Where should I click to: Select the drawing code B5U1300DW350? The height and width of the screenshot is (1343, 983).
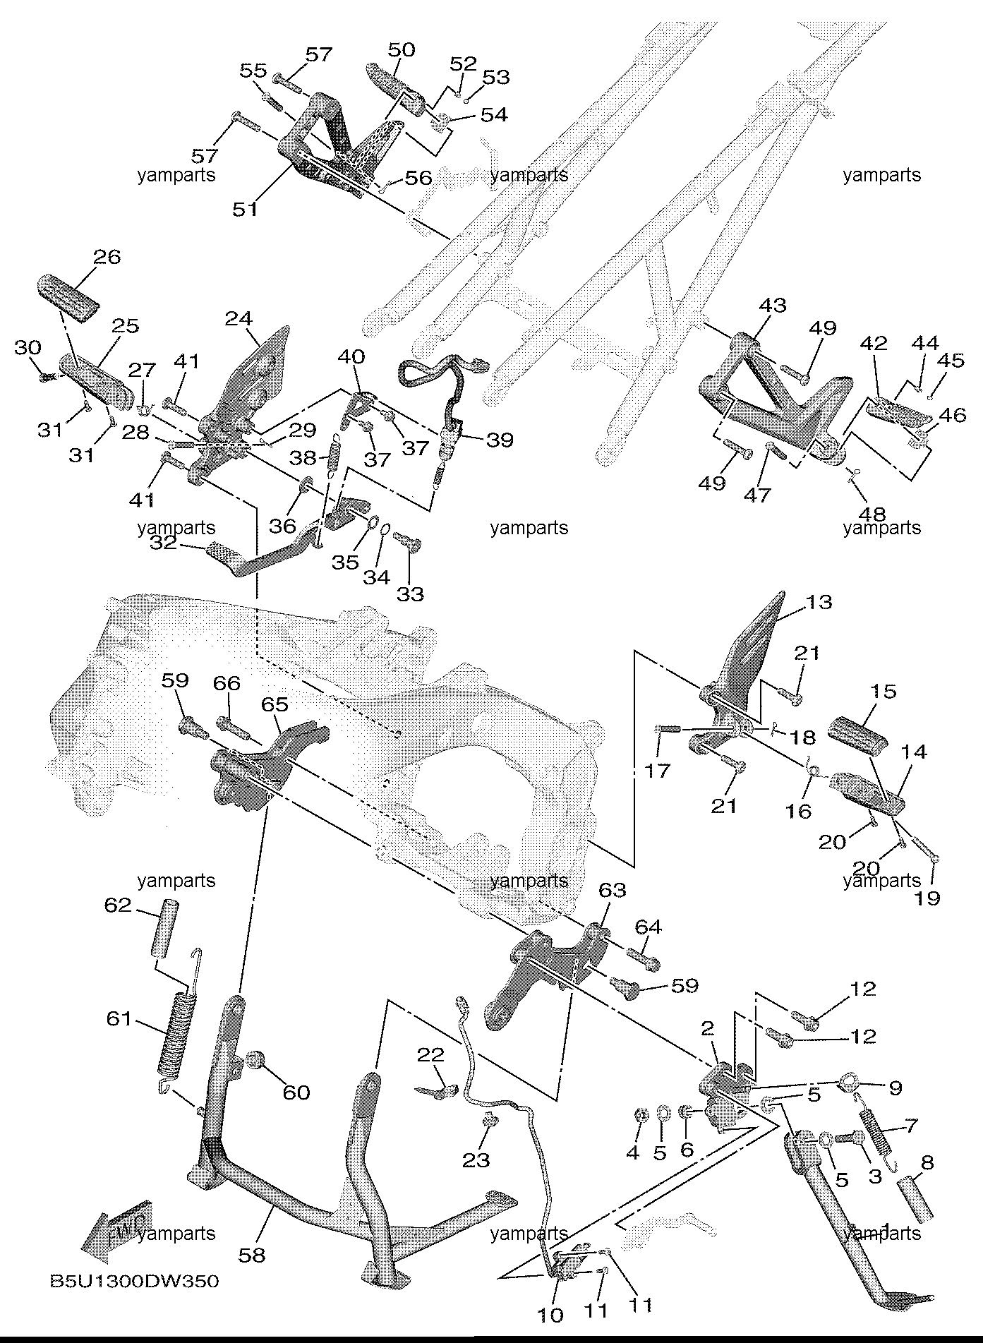coord(133,1281)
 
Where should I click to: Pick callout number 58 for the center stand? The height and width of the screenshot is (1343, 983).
coord(253,1254)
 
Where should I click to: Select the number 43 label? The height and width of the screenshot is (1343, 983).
coord(773,306)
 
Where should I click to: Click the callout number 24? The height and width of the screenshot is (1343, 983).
coord(239,319)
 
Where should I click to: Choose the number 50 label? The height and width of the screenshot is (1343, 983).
coord(402,50)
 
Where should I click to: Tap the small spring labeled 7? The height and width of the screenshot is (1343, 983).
coord(877,1138)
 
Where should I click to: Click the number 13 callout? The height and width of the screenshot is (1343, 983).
coord(819,602)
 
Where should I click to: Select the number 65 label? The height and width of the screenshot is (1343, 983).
coord(275,704)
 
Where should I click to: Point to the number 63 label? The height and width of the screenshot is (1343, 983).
coord(613,890)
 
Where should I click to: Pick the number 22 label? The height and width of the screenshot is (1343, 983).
coord(430,1055)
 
